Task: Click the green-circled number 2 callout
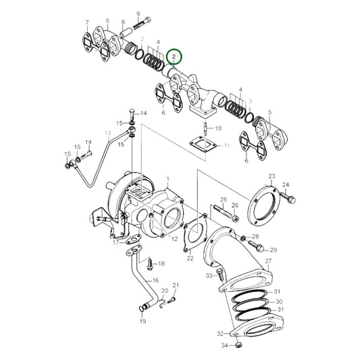pyautogui.click(x=175, y=55)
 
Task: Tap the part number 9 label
pyautogui.click(x=138, y=14)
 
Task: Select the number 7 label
pyautogui.click(x=87, y=23)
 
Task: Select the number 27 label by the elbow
pyautogui.click(x=268, y=260)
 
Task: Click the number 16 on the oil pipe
pyautogui.click(x=155, y=280)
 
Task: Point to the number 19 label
pyautogui.click(x=143, y=322)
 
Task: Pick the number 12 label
pyautogui.click(x=174, y=239)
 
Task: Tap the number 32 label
pyautogui.click(x=220, y=334)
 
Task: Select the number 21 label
pyautogui.click(x=176, y=285)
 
